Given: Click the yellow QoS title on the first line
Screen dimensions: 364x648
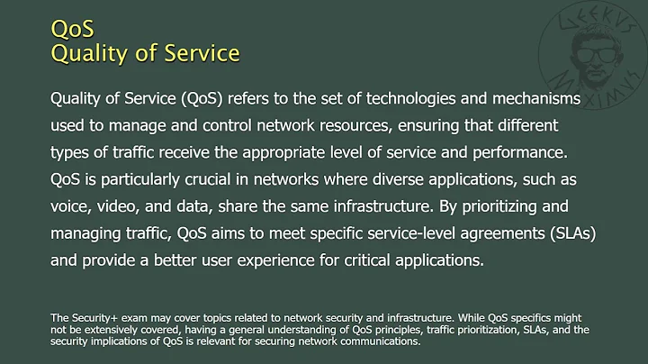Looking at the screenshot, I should (72, 28).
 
